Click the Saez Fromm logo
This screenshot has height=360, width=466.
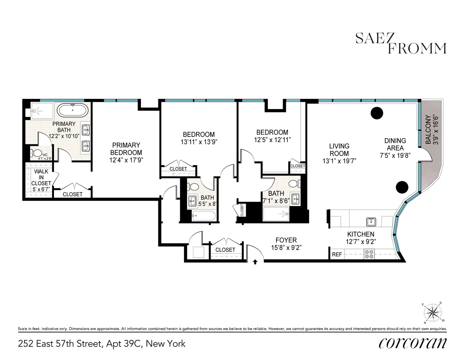[x=401, y=43]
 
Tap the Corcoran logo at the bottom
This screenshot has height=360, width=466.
[x=412, y=343]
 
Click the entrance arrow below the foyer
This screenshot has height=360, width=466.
[x=255, y=262]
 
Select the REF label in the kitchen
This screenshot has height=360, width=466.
[x=337, y=255]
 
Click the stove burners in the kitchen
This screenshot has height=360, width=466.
[x=369, y=254]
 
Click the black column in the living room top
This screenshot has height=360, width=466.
[x=376, y=113]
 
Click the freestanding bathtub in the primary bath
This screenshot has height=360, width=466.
[x=73, y=110]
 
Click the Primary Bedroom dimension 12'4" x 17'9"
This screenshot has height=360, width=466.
[x=126, y=160]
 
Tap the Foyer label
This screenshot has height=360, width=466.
[x=286, y=240]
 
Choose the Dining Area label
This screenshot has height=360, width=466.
[x=395, y=144]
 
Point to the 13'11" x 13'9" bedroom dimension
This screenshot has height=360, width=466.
[x=198, y=142]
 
